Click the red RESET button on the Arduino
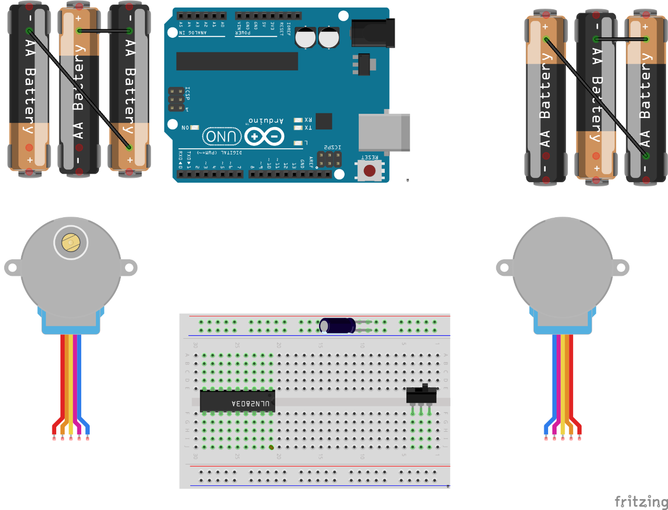pos(369,171)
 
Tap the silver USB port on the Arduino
pos(384,132)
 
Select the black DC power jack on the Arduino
pos(373,33)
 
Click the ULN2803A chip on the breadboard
pos(237,401)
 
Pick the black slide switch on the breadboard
pos(421,395)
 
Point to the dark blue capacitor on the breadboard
pos(338,326)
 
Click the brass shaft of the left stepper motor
pos(71,243)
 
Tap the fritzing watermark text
pos(641,501)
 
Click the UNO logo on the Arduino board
pos(222,136)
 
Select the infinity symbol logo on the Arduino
pos(264,136)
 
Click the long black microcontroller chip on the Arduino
pos(237,61)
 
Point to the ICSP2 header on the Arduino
pos(329,159)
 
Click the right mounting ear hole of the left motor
pos(129,268)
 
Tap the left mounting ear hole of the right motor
pos(504,268)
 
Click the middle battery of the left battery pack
pos(79,90)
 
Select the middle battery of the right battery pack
pos(596,97)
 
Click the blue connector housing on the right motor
pos(562,323)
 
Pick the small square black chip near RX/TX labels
pos(324,121)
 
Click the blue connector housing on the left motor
pos(71,323)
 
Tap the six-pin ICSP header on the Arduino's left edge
pos(176,100)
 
